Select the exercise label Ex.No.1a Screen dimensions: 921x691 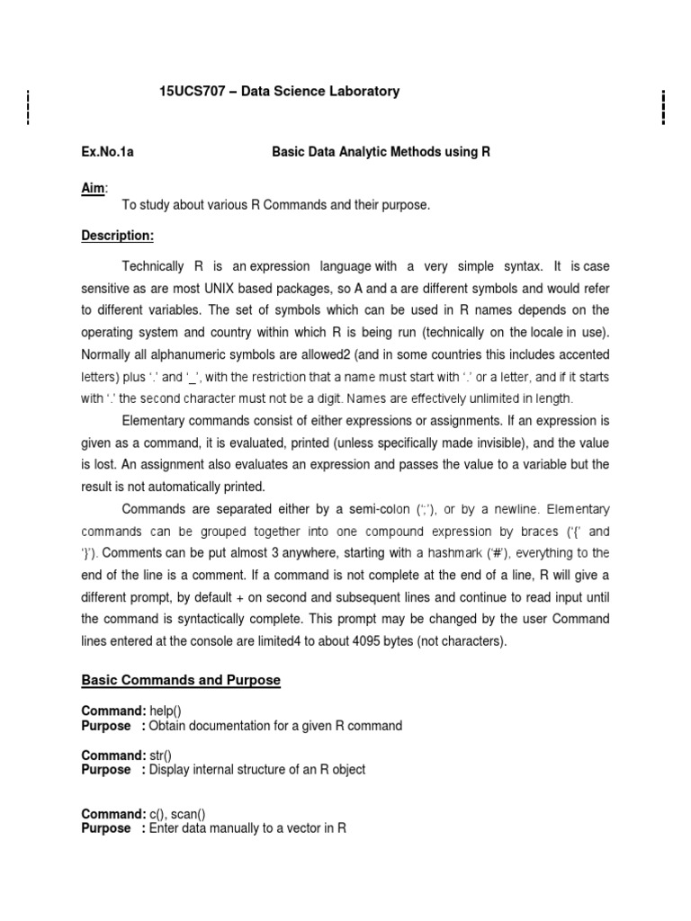pyautogui.click(x=107, y=152)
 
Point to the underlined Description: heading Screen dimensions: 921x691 pyautogui.click(x=118, y=236)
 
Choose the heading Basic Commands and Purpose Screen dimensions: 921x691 pyautogui.click(x=181, y=681)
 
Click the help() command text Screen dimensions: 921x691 pyautogui.click(x=166, y=711)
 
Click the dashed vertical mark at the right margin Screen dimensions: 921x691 pyautogui.click(x=663, y=107)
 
